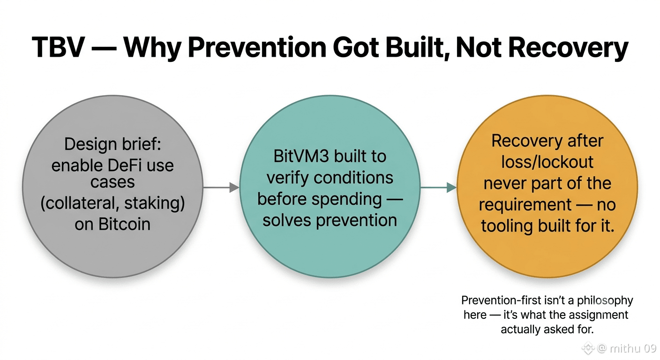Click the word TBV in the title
[x=58, y=47]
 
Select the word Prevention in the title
[x=257, y=47]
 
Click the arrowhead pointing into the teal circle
[x=234, y=187]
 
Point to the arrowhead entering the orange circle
[x=452, y=187]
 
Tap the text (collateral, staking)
[x=112, y=203]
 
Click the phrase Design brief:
[x=112, y=144]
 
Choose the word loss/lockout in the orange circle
[x=547, y=162]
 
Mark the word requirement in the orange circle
[x=525, y=205]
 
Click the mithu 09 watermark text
[x=633, y=349]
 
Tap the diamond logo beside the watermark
[x=588, y=348]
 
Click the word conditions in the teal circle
[x=353, y=178]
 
